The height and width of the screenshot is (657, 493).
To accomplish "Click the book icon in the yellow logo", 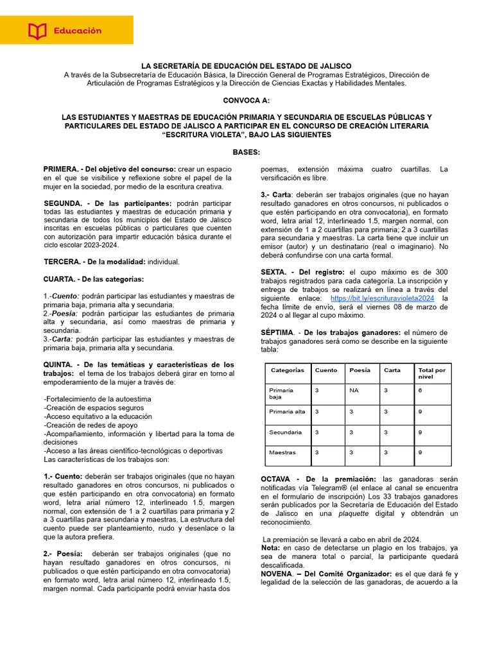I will [x=38, y=30].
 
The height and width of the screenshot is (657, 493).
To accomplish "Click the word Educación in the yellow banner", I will [x=78, y=30].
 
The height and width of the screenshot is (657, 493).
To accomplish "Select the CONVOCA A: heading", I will [x=246, y=101].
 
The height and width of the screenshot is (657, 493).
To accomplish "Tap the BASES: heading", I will [x=246, y=152].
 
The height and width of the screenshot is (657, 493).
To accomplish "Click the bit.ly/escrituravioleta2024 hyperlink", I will [x=383, y=298].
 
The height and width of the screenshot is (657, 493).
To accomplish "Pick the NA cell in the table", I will [x=354, y=390].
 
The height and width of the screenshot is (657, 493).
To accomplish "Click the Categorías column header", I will [x=288, y=370].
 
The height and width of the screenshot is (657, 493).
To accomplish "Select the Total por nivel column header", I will [x=432, y=373].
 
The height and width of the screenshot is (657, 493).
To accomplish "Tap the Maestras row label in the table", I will [x=282, y=452].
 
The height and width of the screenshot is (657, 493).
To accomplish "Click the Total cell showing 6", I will [x=420, y=390].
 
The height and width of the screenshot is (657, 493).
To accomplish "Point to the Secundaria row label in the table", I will [x=286, y=432].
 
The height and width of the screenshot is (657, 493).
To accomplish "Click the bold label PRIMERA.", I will [x=60, y=169].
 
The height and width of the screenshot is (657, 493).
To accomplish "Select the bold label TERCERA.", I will [x=62, y=262].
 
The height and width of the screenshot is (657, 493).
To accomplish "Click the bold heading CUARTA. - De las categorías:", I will [x=94, y=279].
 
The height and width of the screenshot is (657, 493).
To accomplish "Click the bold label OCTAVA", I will [x=279, y=479].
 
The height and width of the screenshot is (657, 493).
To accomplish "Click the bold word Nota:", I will [x=270, y=548].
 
